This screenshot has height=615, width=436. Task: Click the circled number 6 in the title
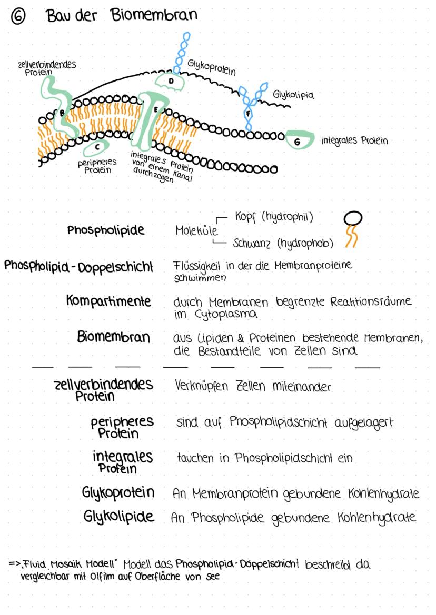(x=19, y=17)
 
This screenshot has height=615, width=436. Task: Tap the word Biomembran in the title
(x=154, y=15)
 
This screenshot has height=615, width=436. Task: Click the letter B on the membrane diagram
(x=62, y=112)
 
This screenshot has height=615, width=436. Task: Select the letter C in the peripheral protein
(x=97, y=147)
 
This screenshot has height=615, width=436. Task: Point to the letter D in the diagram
(x=171, y=80)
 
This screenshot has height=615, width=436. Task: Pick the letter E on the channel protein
(x=156, y=110)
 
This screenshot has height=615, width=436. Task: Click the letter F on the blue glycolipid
(x=248, y=113)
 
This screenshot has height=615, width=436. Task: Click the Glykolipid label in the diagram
(x=293, y=95)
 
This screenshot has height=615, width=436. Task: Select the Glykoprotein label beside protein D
(x=212, y=67)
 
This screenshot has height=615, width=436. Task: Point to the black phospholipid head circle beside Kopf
(x=352, y=218)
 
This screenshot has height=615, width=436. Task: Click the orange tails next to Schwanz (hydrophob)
(x=351, y=238)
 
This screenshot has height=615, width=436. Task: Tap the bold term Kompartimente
(x=108, y=301)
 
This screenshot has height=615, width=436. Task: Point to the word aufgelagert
(x=363, y=422)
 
